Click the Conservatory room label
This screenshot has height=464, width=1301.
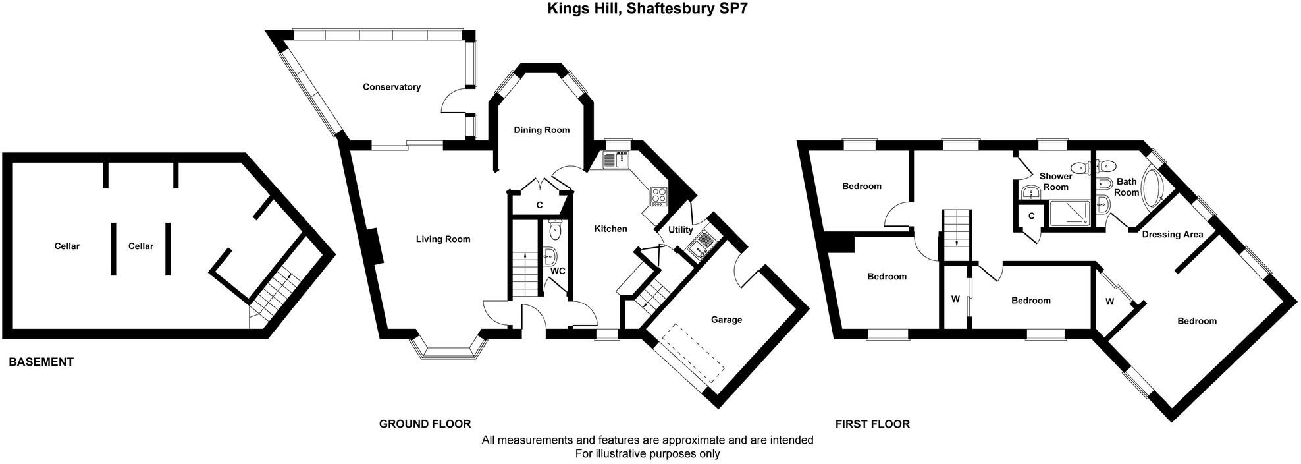[392, 87]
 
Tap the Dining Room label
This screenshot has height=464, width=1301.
[541, 130]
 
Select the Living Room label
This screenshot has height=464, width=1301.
[442, 239]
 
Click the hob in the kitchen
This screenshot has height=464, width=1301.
[658, 195]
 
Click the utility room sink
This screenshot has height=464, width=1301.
[698, 245]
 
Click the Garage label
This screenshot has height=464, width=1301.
[726, 320]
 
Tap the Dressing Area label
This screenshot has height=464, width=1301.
[1172, 234]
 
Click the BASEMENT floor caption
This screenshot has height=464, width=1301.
[41, 362]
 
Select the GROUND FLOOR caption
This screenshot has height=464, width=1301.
[425, 424]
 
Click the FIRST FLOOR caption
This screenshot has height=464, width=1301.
[872, 424]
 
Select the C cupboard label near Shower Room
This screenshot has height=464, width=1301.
[1031, 216]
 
